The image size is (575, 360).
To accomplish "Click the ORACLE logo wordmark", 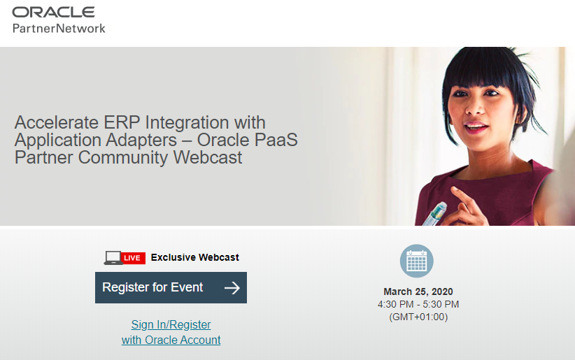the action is coord(54,12).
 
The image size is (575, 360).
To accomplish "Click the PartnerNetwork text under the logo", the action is coord(59,28).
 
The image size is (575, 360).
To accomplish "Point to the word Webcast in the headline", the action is coord(208,157).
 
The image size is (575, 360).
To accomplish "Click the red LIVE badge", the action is coord(133,258).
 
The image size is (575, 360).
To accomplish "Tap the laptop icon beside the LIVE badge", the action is coord(113,258).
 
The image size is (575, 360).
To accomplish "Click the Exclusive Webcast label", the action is coord(194,257).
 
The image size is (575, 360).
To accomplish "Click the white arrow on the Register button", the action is coord(232,288).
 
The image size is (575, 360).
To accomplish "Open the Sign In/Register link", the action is coord(171,325).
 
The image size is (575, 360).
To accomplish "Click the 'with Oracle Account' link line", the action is coord(171,340).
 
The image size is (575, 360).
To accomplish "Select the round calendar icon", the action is coord(417,261).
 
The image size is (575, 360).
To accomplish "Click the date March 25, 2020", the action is coord(418,291).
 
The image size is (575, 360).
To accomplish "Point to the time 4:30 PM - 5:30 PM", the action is coord(418,304).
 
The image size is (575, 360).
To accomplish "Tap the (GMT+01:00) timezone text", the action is coord(418,317).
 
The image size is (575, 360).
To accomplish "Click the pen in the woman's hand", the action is coord(435,214).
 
